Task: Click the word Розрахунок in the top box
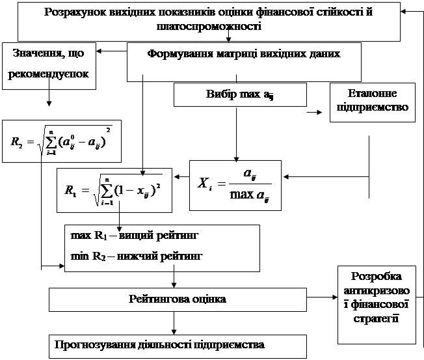[x=72, y=12]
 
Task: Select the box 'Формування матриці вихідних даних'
[x=245, y=53]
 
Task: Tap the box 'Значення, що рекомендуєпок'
[x=50, y=65]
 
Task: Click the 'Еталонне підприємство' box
[x=372, y=101]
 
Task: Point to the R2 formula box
[x=61, y=141]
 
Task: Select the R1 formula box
[x=114, y=189]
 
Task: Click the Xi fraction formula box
[x=235, y=185]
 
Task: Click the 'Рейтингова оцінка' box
[x=177, y=299]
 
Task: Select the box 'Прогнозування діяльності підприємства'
[x=160, y=344]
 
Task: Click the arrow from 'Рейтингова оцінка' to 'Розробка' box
[x=322, y=299]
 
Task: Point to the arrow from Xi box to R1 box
[x=180, y=176]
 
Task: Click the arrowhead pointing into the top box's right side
[x=405, y=12]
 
